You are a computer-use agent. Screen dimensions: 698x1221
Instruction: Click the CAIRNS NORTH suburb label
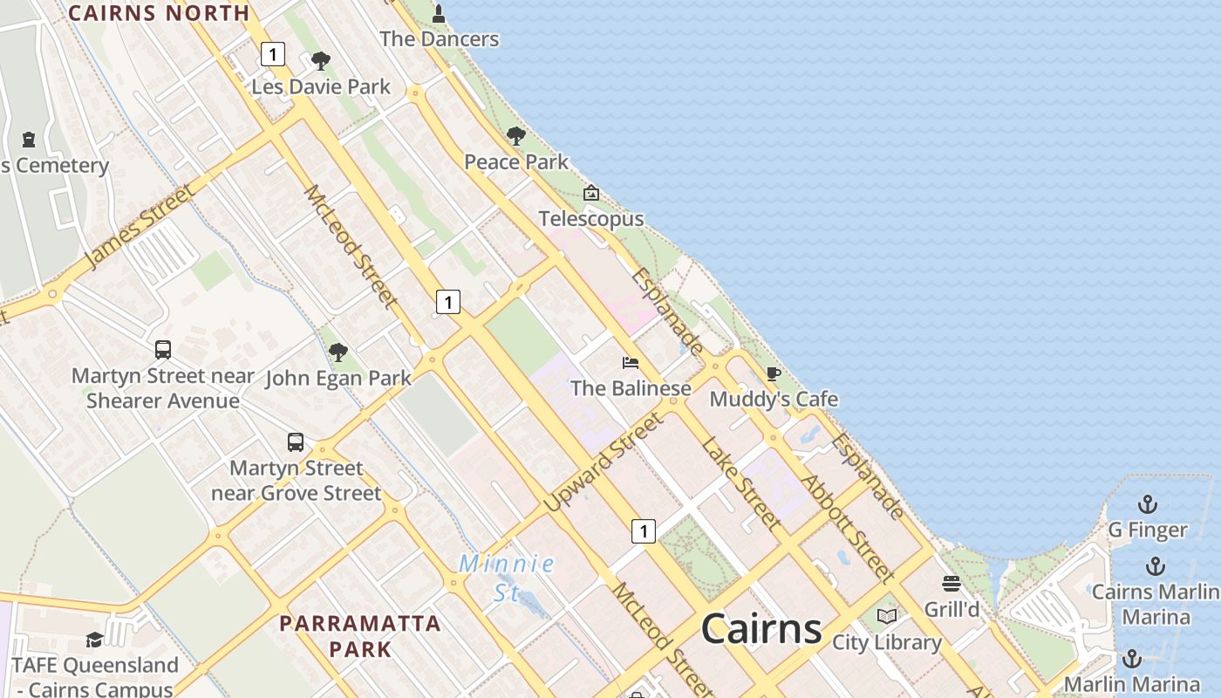pos(159,13)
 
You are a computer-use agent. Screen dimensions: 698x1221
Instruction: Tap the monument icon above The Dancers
pos(439,14)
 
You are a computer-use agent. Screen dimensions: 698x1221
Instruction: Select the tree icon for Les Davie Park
pos(321,61)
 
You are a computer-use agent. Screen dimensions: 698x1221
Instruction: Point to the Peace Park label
pos(516,161)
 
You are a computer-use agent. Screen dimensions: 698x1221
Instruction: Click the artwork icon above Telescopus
pos(591,193)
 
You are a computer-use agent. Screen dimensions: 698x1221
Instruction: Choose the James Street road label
pos(140,227)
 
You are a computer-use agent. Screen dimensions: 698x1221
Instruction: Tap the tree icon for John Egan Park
pos(338,352)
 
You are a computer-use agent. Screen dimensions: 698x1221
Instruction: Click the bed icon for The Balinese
pos(631,362)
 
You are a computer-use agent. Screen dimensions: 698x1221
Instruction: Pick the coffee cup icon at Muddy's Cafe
pos(774,374)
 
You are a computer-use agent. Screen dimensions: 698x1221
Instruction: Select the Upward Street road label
pos(603,462)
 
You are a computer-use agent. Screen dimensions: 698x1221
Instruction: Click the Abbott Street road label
pos(847,529)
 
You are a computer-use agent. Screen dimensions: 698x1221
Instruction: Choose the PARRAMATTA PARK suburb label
pos(360,636)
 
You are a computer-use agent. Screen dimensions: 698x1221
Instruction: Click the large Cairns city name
pos(761,628)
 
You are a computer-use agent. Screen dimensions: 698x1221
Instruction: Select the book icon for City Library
pos(887,616)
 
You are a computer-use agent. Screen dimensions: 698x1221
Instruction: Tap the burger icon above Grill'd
pos(952,584)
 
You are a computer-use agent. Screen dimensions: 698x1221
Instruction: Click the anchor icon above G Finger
pos(1148,504)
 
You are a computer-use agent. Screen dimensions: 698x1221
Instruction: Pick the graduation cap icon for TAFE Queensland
pos(94,640)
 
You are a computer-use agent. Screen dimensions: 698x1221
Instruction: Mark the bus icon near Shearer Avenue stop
pos(163,350)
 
